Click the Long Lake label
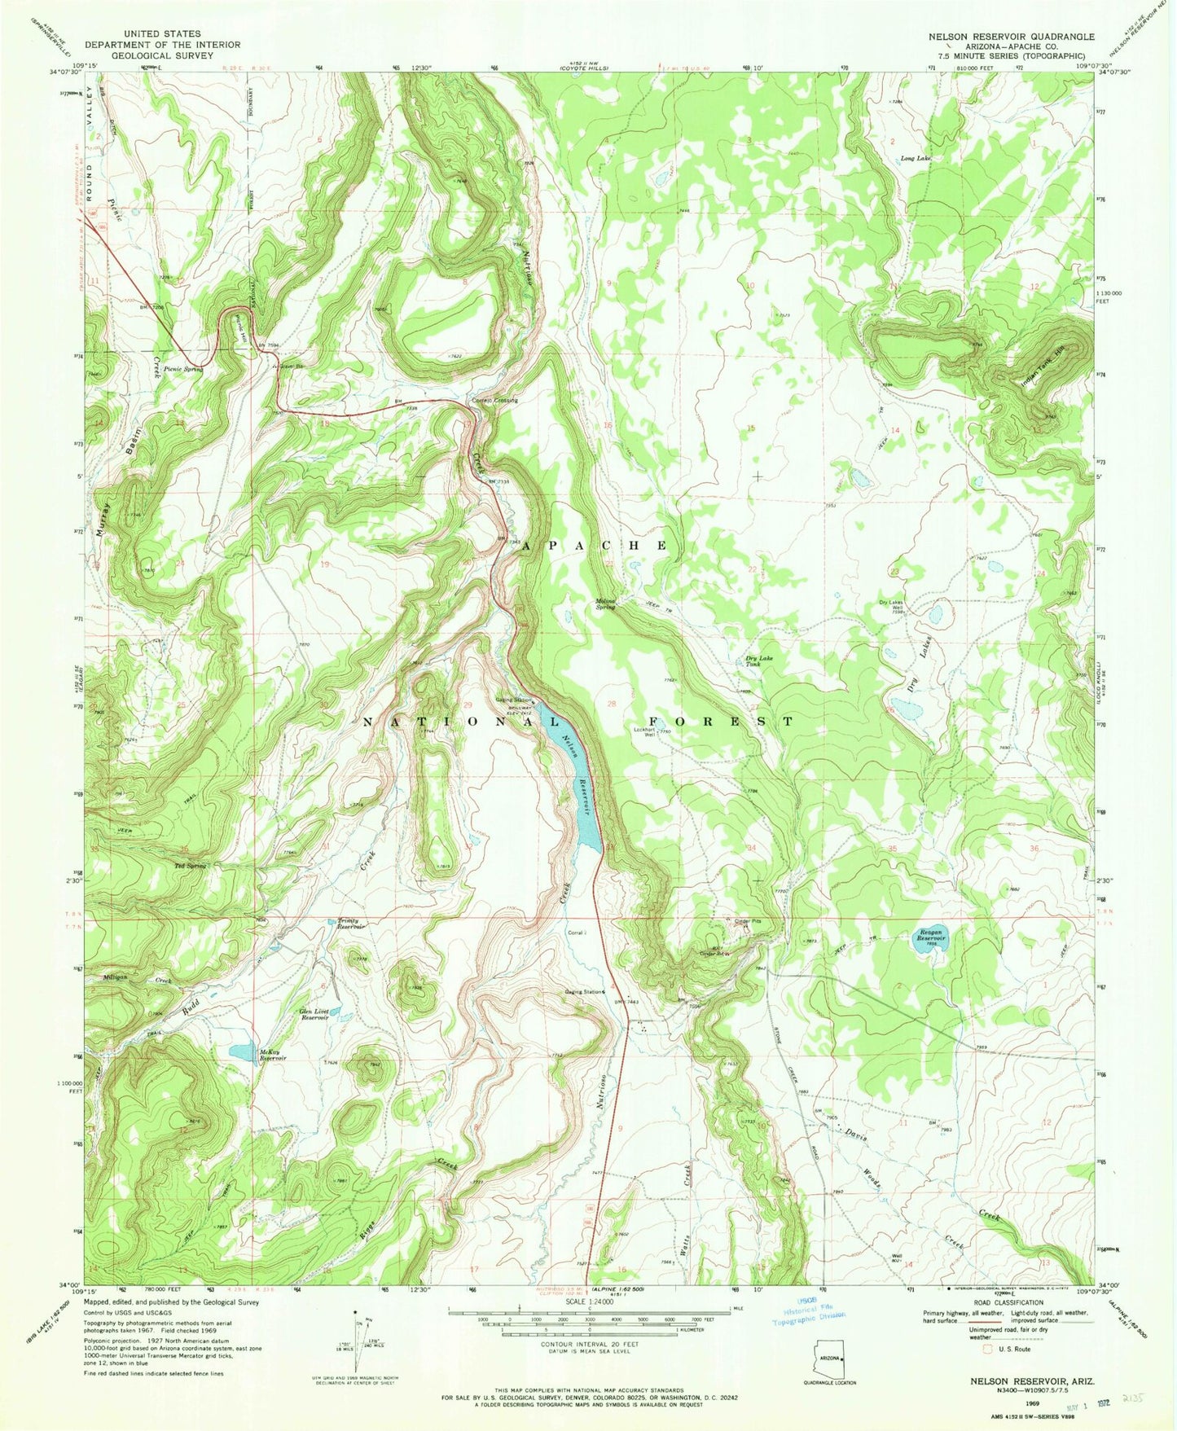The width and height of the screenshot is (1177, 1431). pos(916,159)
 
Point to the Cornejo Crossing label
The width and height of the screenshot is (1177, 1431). pos(494,400)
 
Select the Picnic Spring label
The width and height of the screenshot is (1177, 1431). pos(182,368)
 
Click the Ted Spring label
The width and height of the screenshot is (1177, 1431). pos(190,865)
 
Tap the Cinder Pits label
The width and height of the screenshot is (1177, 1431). pos(749,921)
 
